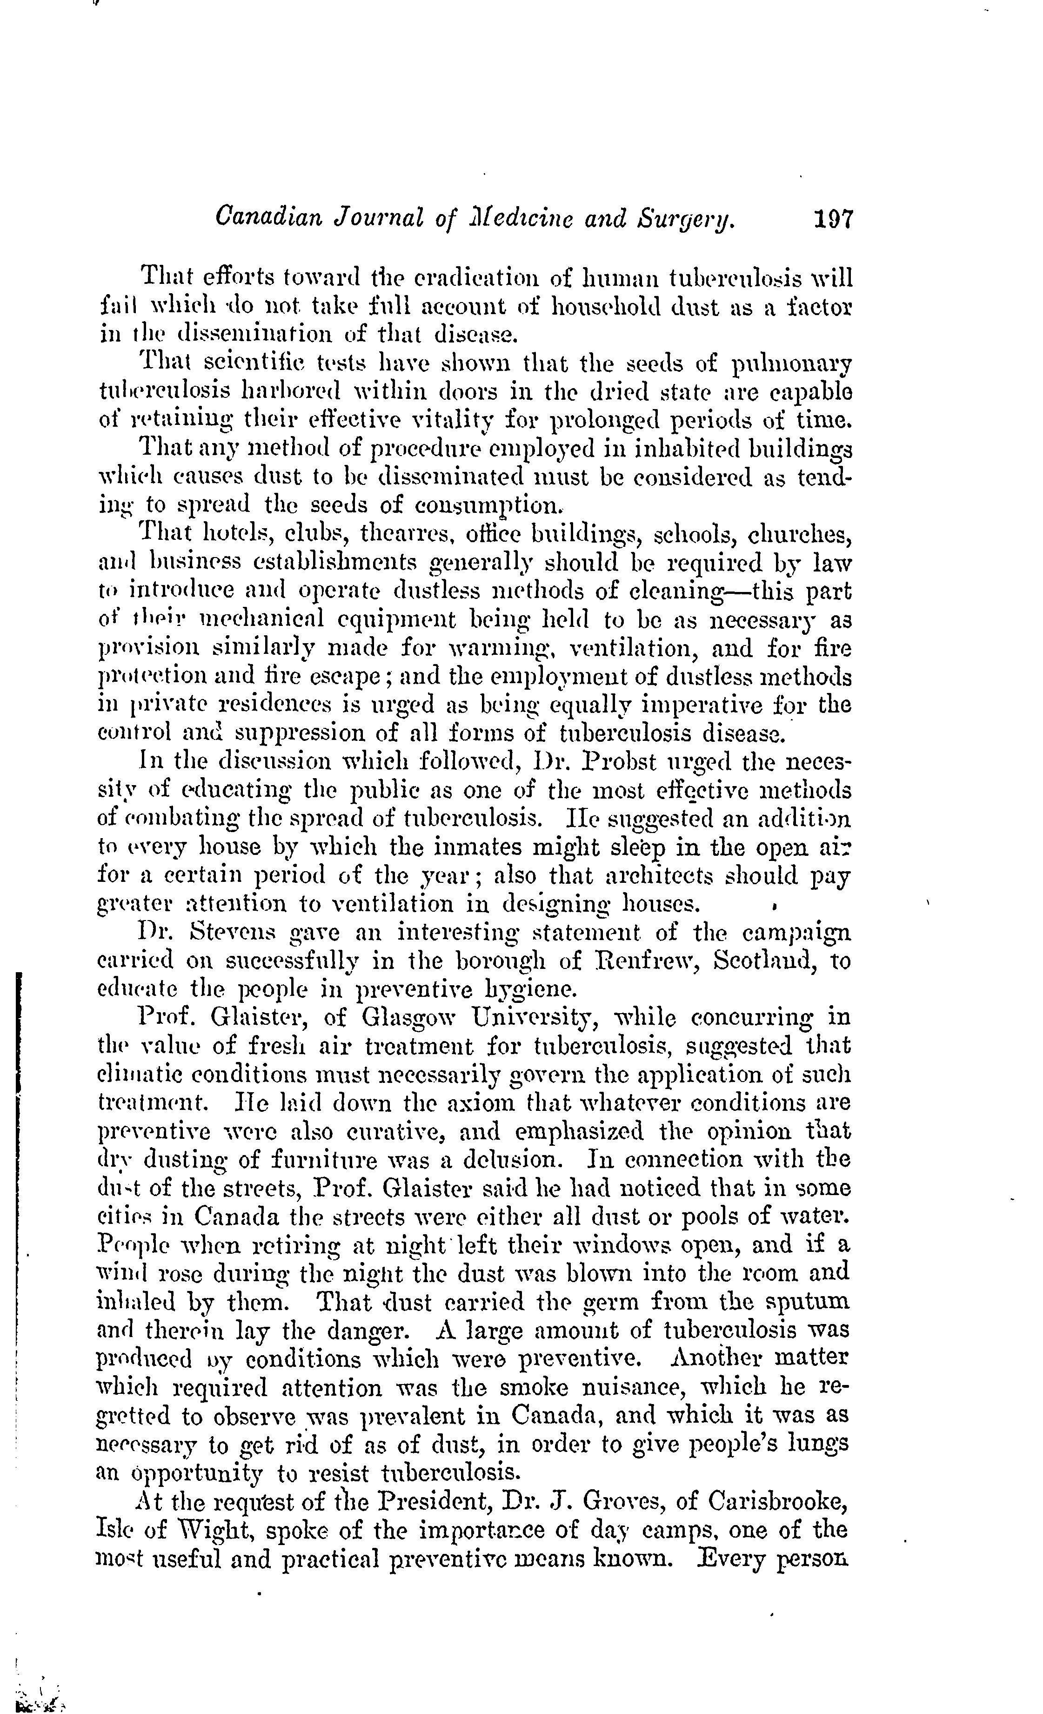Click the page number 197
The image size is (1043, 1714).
tap(832, 219)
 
